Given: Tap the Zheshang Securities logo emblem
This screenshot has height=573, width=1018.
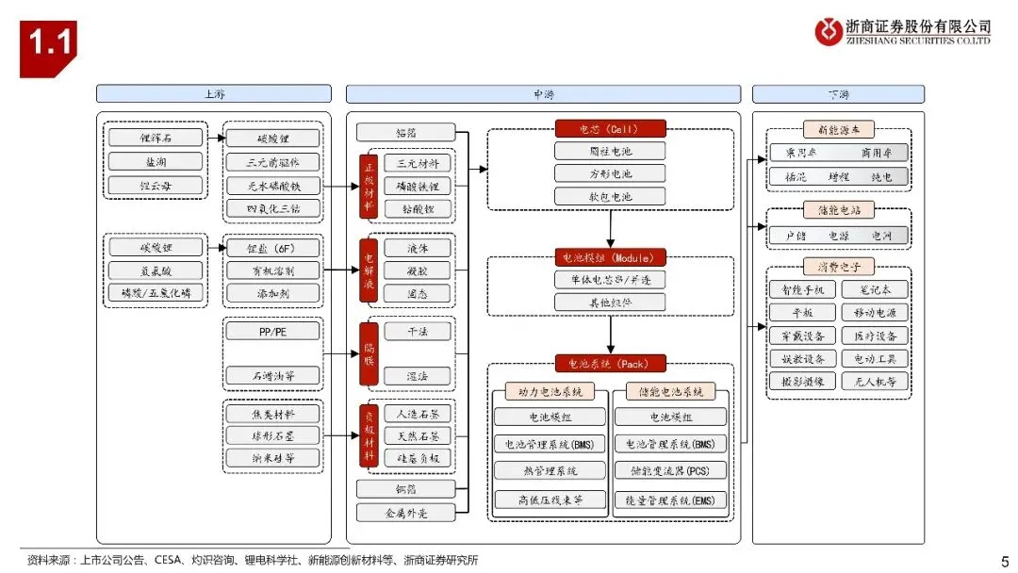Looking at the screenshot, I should pos(829,31).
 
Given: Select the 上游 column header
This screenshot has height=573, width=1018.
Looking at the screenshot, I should pos(214,94).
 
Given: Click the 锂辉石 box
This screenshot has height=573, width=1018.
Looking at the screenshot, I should pos(155,138).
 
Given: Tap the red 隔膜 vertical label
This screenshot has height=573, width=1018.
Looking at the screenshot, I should pos(369,352).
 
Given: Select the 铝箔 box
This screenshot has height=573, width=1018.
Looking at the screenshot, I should pos(405,133).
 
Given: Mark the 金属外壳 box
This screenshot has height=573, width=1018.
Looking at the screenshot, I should pos(405,513).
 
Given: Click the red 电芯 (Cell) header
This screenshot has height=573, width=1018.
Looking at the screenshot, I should pos(610,129).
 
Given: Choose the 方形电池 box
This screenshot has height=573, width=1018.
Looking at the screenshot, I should pos(610,173).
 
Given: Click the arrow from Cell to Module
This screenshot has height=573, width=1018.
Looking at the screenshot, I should pos(611,228).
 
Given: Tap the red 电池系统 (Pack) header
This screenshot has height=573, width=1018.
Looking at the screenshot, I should pos(610,364).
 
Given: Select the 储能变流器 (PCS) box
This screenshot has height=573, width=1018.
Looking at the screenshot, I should pos(670,469).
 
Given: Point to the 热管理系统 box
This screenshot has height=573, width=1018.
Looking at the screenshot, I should pos(550,469).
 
